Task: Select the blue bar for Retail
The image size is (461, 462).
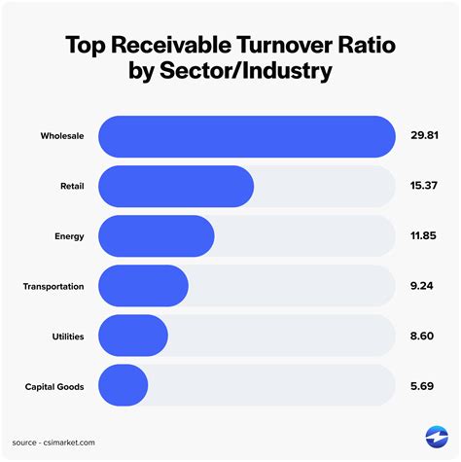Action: (x=176, y=185)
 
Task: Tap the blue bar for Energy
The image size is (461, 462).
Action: (x=157, y=235)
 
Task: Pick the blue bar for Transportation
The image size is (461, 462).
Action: (x=144, y=286)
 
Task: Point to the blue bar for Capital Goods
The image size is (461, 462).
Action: (x=124, y=386)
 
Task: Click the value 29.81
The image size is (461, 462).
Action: (x=424, y=135)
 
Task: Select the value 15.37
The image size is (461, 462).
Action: (x=424, y=185)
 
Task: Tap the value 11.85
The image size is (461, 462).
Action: (x=424, y=235)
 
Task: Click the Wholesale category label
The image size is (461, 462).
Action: (x=61, y=135)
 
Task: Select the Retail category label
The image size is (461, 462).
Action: (x=71, y=185)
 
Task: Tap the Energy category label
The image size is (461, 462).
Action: (x=69, y=235)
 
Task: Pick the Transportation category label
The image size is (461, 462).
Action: (x=53, y=286)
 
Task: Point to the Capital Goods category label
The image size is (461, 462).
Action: (x=54, y=386)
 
